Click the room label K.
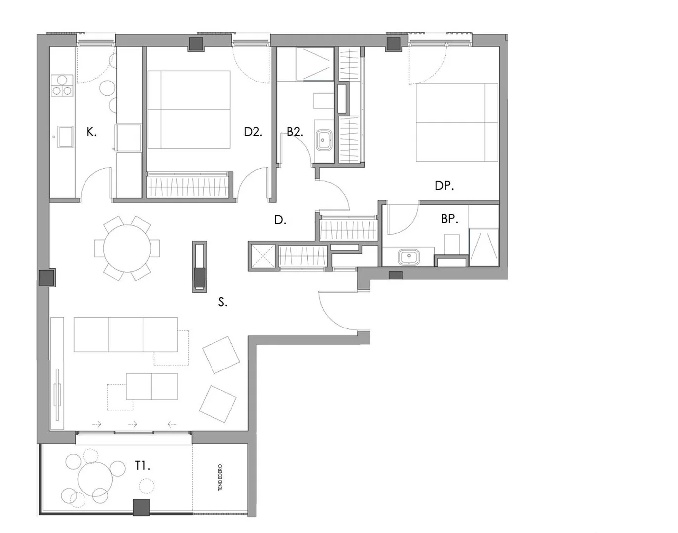(92, 132)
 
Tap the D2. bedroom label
(253, 132)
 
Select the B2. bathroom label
(295, 132)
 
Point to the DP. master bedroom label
(444, 186)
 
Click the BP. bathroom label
(449, 219)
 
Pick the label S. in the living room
(223, 302)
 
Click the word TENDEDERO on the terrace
(220, 477)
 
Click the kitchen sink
(65, 136)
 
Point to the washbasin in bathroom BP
(409, 257)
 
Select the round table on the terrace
(95, 479)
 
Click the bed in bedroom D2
(189, 109)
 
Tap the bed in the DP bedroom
(457, 122)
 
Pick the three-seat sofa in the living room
(126, 334)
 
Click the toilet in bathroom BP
(452, 244)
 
